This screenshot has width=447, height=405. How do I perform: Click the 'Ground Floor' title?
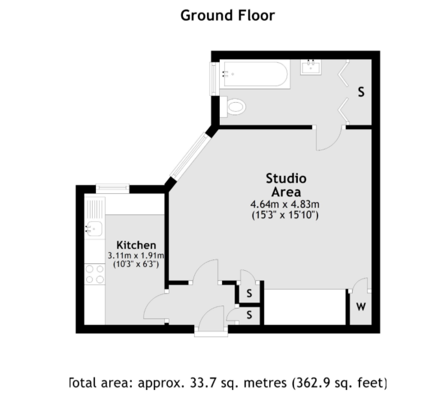click(x=228, y=16)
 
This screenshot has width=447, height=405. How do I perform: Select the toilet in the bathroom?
click(x=233, y=107)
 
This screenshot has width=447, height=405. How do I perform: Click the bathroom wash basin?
click(x=311, y=67)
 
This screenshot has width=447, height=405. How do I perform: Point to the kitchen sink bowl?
click(x=95, y=229)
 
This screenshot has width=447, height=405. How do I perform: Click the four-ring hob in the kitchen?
click(x=95, y=274)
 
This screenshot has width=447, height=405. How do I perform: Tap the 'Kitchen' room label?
click(x=136, y=245)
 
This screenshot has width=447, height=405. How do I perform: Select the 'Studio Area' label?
click(x=286, y=185)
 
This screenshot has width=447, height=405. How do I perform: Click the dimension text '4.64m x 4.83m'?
click(x=285, y=204)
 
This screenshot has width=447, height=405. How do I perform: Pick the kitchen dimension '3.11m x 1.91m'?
click(x=136, y=256)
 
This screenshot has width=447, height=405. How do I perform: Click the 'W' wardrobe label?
click(x=361, y=307)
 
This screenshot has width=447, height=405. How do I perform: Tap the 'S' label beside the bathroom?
click(x=361, y=92)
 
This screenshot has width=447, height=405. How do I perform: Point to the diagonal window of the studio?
click(x=191, y=156)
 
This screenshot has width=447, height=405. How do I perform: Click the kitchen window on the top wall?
click(x=113, y=188)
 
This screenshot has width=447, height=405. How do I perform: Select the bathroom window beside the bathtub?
click(x=214, y=79)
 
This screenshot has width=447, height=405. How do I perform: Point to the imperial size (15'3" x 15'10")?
click(x=285, y=215)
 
